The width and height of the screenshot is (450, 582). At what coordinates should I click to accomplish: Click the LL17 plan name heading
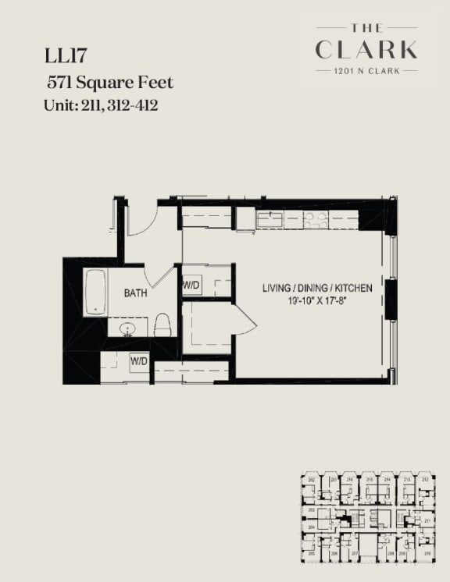[66, 57]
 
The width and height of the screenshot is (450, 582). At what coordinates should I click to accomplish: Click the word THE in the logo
[366, 28]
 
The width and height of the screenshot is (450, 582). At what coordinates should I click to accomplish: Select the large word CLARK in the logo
[366, 50]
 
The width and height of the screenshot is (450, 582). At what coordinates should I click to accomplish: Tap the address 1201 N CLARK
[366, 70]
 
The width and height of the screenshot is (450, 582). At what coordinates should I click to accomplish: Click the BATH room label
[137, 293]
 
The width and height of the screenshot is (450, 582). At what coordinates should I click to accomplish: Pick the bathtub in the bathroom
[95, 292]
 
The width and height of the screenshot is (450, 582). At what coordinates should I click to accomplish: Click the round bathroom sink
[127, 328]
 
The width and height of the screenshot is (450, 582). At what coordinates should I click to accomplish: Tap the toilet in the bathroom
[162, 325]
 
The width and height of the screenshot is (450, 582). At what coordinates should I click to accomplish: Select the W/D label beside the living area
[191, 286]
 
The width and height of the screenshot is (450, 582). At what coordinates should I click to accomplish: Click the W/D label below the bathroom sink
[139, 361]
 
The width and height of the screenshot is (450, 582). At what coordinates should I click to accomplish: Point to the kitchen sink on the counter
[270, 219]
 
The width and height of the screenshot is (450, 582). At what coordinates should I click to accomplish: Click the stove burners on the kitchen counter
[316, 220]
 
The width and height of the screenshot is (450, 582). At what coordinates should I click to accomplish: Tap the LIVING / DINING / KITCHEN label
[316, 288]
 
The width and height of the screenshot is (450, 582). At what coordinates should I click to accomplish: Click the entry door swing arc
[144, 222]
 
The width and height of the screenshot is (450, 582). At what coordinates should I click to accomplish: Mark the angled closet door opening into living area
[244, 320]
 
